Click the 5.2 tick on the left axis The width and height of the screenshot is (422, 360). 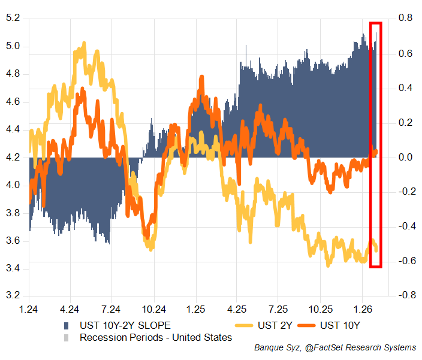[x=13, y=19]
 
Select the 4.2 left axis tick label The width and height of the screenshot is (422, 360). [x=13, y=158]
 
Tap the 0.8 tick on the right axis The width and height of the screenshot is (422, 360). [x=406, y=19]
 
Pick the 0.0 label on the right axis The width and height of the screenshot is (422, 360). [x=406, y=158]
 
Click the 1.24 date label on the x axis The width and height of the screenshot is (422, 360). [x=29, y=310]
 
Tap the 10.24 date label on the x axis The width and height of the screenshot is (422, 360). [x=154, y=310]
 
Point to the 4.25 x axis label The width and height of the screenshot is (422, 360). [x=237, y=310]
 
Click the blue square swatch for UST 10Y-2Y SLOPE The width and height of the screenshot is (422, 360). [x=67, y=325]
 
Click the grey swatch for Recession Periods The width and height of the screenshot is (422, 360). [x=67, y=338]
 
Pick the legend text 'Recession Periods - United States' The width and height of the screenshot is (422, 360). [x=155, y=338]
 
